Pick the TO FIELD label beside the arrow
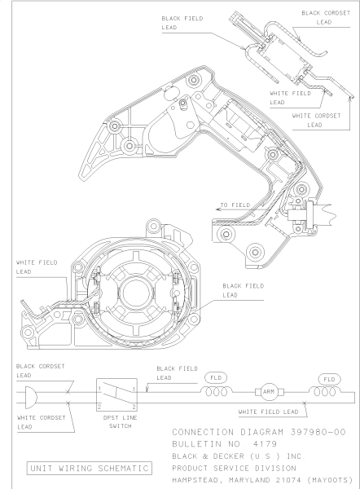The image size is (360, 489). [x=235, y=205]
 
